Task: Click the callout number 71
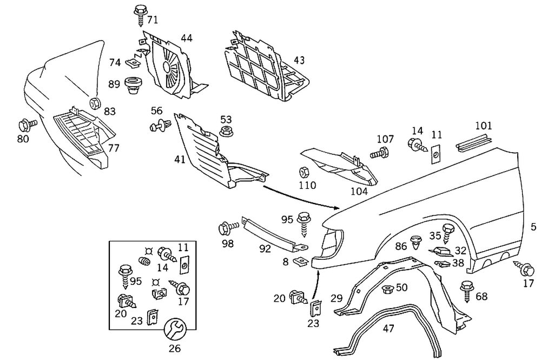(153, 20)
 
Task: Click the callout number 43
(299, 60)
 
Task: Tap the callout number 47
(388, 328)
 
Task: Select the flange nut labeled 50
(387, 289)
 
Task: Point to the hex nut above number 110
(304, 173)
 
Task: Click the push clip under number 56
(157, 127)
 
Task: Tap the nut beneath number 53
(226, 132)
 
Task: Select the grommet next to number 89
(132, 86)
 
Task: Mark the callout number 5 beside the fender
(533, 227)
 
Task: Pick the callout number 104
(359, 191)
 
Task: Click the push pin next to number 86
(417, 241)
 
